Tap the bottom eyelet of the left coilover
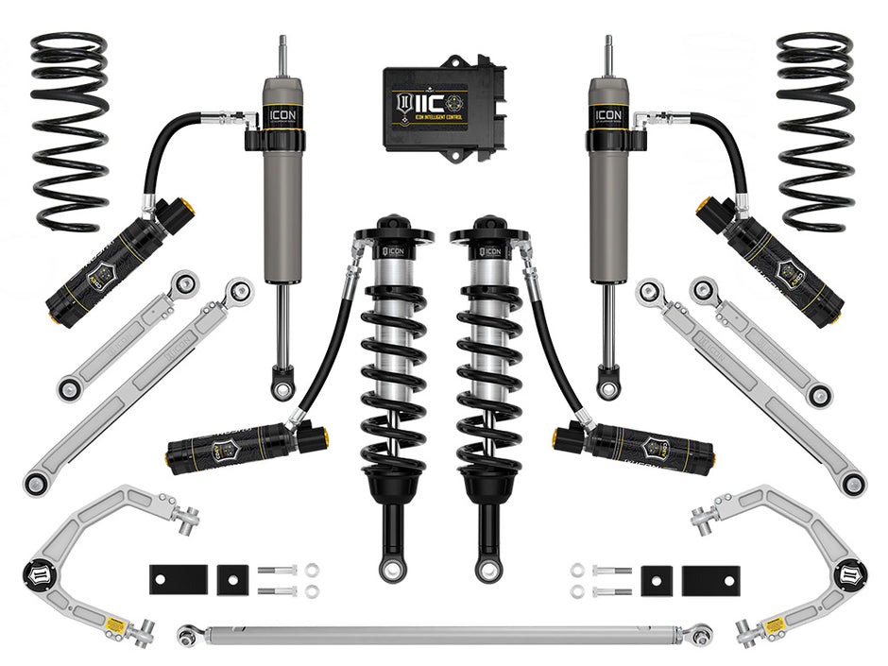(391, 569)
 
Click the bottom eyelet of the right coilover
(487, 569)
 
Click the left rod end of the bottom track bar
(187, 636)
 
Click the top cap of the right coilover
(489, 231)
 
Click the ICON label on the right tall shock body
(606, 115)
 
